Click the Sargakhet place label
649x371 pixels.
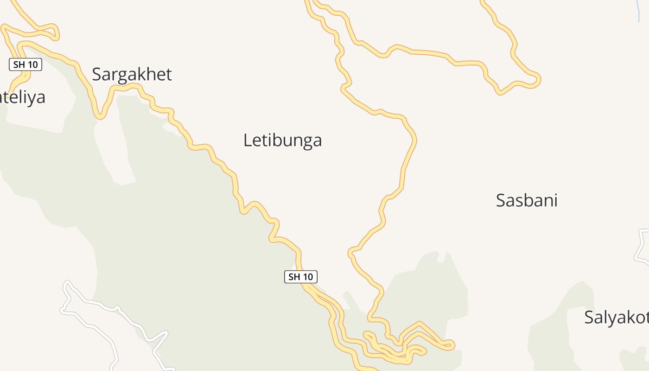pos(132,74)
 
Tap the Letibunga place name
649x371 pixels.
pos(282,140)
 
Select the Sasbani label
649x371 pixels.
pos(526,200)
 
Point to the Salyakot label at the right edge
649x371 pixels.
pos(616,318)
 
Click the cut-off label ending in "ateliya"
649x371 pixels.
pos(23,97)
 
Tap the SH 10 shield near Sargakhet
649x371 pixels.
pos(25,64)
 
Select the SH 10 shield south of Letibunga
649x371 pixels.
pos(300,277)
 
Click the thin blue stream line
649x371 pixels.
pos(639,12)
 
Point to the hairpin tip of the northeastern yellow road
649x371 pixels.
pos(538,80)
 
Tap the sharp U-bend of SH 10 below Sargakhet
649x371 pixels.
pos(100,116)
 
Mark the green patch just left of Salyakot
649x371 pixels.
pos(556,325)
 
